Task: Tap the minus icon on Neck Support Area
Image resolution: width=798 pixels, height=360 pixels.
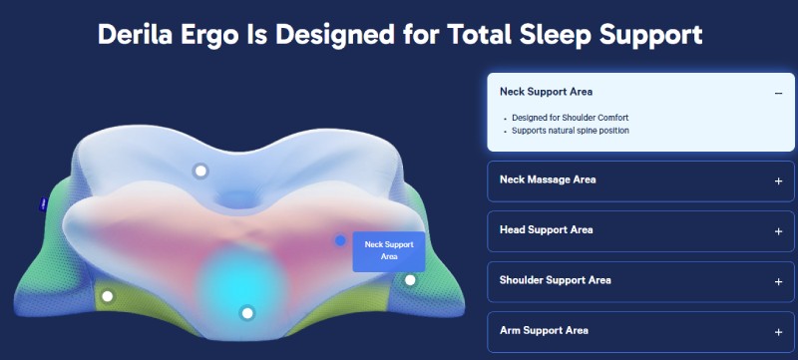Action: tap(778, 93)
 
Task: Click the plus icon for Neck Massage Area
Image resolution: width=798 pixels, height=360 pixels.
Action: tap(778, 181)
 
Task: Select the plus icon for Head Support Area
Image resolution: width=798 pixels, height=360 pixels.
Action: tap(778, 231)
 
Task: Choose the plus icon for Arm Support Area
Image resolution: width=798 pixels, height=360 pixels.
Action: tap(778, 332)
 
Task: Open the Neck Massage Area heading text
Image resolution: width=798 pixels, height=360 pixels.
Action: tap(547, 180)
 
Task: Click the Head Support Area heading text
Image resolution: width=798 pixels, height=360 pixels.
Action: tap(546, 229)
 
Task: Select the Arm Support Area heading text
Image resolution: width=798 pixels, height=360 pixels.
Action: tap(544, 330)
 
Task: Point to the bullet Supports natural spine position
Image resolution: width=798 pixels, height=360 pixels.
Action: tap(571, 131)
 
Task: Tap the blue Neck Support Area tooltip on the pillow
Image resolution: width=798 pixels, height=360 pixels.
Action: tap(389, 250)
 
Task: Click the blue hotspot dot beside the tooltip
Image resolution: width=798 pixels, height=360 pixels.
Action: tap(341, 241)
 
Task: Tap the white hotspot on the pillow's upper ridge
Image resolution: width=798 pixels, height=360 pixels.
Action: tap(200, 171)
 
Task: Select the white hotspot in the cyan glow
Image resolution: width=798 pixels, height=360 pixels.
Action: tap(247, 312)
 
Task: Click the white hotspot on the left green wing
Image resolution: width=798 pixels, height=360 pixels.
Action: tap(108, 295)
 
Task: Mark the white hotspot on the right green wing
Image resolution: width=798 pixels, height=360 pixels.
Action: tap(409, 280)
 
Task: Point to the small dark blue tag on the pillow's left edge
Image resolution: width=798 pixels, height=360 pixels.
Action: tap(43, 203)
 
